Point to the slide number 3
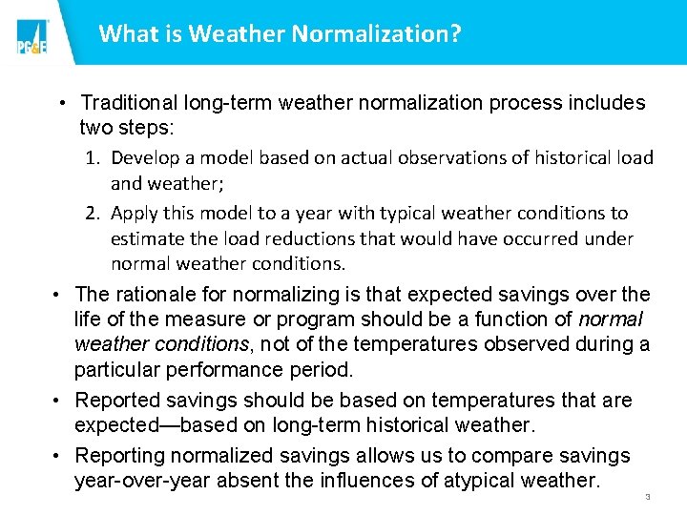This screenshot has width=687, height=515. click(647, 497)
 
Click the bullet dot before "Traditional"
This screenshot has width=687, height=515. click(60, 103)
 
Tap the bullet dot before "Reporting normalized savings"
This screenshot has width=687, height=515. click(59, 456)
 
